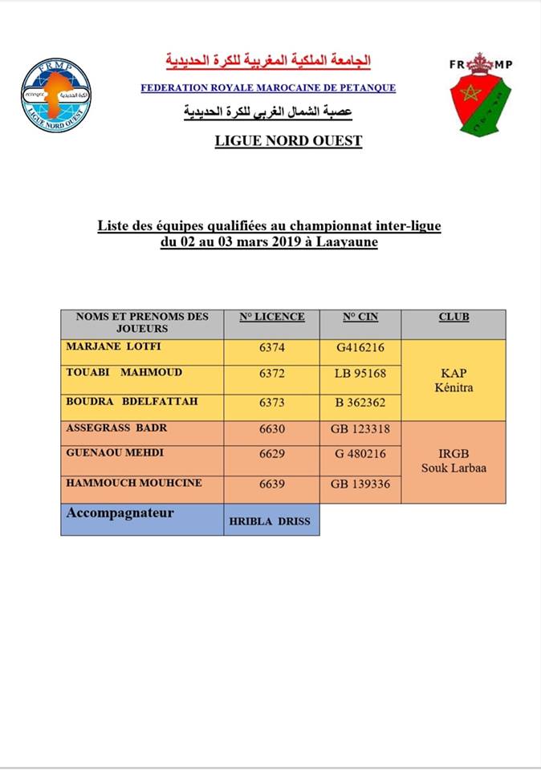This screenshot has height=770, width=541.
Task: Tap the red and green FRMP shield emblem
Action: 480,95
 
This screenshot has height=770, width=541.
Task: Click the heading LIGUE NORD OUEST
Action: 288,141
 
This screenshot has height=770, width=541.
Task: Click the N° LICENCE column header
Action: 272,317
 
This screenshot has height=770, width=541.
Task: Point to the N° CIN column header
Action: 360,317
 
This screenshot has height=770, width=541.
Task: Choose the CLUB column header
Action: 454,317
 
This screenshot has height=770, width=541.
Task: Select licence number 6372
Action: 272,375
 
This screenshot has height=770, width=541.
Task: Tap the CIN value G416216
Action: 360,348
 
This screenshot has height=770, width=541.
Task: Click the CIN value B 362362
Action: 360,403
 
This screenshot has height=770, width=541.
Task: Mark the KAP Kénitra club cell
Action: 453,380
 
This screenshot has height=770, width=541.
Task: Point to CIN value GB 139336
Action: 360,484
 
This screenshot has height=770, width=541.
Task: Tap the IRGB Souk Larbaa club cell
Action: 454,461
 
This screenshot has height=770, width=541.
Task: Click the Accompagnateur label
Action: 121,513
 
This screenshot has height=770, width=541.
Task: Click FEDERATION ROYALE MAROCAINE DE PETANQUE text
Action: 268,88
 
